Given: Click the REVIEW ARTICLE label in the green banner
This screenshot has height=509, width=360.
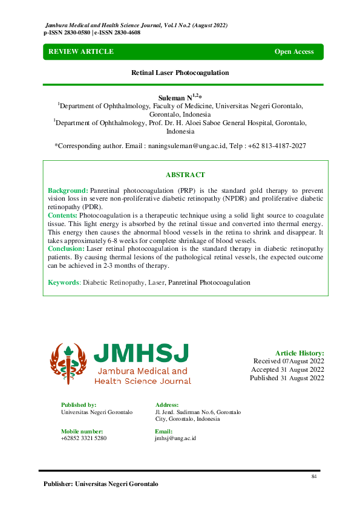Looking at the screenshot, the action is pos(81,52).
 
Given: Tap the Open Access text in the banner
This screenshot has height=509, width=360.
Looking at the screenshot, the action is pos(294,52).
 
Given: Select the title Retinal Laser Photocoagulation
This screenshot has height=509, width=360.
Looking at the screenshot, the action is pos(180,73).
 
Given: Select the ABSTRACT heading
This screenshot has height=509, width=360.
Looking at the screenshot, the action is pos(185,175).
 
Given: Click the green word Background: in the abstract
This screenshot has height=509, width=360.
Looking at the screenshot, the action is pos(68,190).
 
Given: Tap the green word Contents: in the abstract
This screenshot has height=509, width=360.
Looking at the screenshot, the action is pos(62,216).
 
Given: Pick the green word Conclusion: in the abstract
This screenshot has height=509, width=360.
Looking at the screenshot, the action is pos(65,248).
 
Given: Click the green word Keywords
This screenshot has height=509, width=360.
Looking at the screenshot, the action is pos(64,282).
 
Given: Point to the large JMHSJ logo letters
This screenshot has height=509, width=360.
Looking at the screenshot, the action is pos(141,354).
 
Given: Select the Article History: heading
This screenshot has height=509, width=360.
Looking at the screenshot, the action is pos(299,353).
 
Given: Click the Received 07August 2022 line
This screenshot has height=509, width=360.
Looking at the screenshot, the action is pos(288,361).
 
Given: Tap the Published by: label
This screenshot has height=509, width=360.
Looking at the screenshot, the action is pos(79,405).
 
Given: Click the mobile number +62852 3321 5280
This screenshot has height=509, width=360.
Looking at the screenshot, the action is pos(83,438).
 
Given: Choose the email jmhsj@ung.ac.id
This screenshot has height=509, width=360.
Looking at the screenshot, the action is pos(175,438).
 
